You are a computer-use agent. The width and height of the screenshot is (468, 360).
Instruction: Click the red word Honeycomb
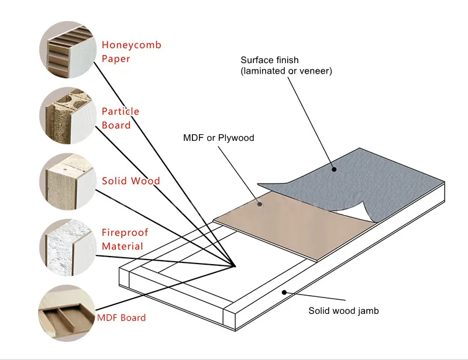tap(132, 45)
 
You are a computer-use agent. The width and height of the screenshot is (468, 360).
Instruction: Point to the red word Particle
tap(121, 111)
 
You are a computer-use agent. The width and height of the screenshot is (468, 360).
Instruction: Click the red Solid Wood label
tap(131, 181)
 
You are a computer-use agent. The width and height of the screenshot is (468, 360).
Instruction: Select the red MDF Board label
tap(122, 318)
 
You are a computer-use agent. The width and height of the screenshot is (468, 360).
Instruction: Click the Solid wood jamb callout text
tap(343, 311)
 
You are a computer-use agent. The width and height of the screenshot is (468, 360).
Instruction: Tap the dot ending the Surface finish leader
tap(334, 169)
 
